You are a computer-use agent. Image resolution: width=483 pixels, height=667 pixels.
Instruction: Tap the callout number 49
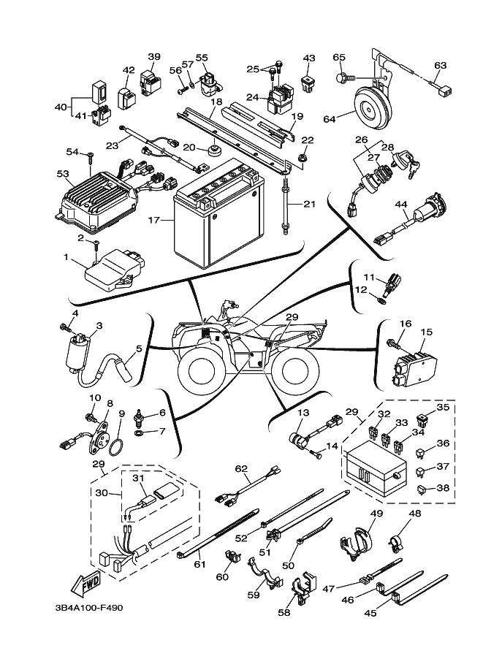376,514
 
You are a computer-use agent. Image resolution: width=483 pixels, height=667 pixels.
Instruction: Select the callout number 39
154,56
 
